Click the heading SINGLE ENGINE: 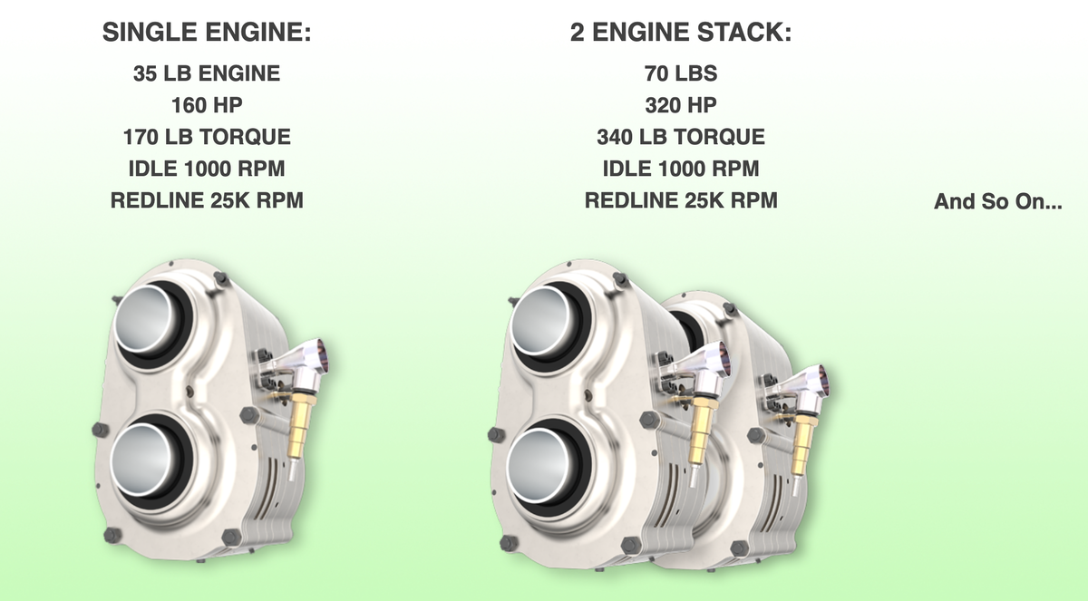(x=207, y=34)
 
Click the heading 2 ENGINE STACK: (x=680, y=34)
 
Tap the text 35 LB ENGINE (x=207, y=74)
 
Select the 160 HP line (x=207, y=106)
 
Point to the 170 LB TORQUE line (x=207, y=138)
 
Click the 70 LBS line (x=680, y=74)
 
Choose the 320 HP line (x=680, y=106)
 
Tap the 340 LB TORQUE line (x=680, y=138)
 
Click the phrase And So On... (x=998, y=202)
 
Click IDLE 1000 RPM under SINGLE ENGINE (x=207, y=169)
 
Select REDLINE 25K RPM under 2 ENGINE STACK (x=680, y=200)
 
